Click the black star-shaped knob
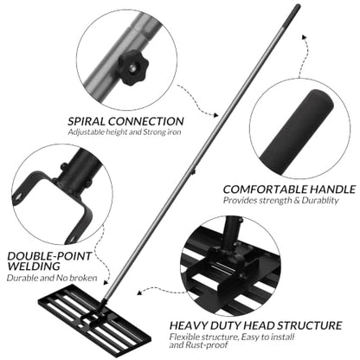pos(133,67)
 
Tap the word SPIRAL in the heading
pos(87,121)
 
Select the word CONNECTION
pos(146,121)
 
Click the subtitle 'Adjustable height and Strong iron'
pos(125,132)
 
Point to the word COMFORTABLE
pos(265,190)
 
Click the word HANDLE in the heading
pos(332,190)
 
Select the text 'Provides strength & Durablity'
pos(280,201)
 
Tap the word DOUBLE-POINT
pos(49,256)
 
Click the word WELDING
pos(34,267)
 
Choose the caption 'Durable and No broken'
pos(52,278)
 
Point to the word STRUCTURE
pos(310,325)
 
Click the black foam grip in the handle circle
pos(297,133)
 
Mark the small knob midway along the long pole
pos(193,171)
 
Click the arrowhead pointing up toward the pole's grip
pos(304,36)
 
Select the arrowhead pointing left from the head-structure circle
pos(139,292)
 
